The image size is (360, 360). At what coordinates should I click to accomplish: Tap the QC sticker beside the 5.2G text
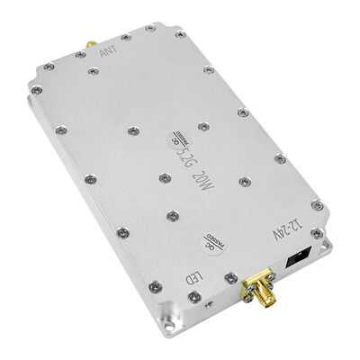[x=174, y=140]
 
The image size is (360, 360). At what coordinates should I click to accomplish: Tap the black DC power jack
[x=301, y=260]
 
